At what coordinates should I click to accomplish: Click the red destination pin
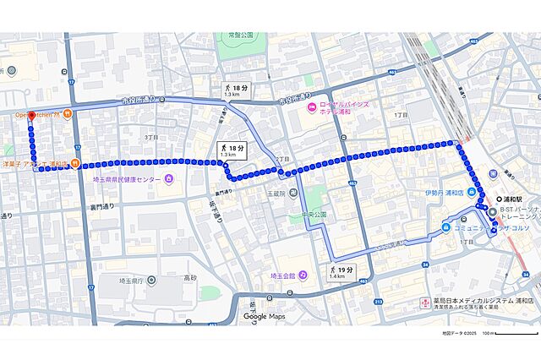[x=30, y=117]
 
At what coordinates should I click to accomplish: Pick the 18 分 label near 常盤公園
[x=238, y=90]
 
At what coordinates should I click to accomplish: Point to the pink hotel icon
[x=310, y=106]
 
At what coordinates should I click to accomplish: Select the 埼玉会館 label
[x=282, y=275]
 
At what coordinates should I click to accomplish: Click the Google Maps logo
[x=266, y=316]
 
